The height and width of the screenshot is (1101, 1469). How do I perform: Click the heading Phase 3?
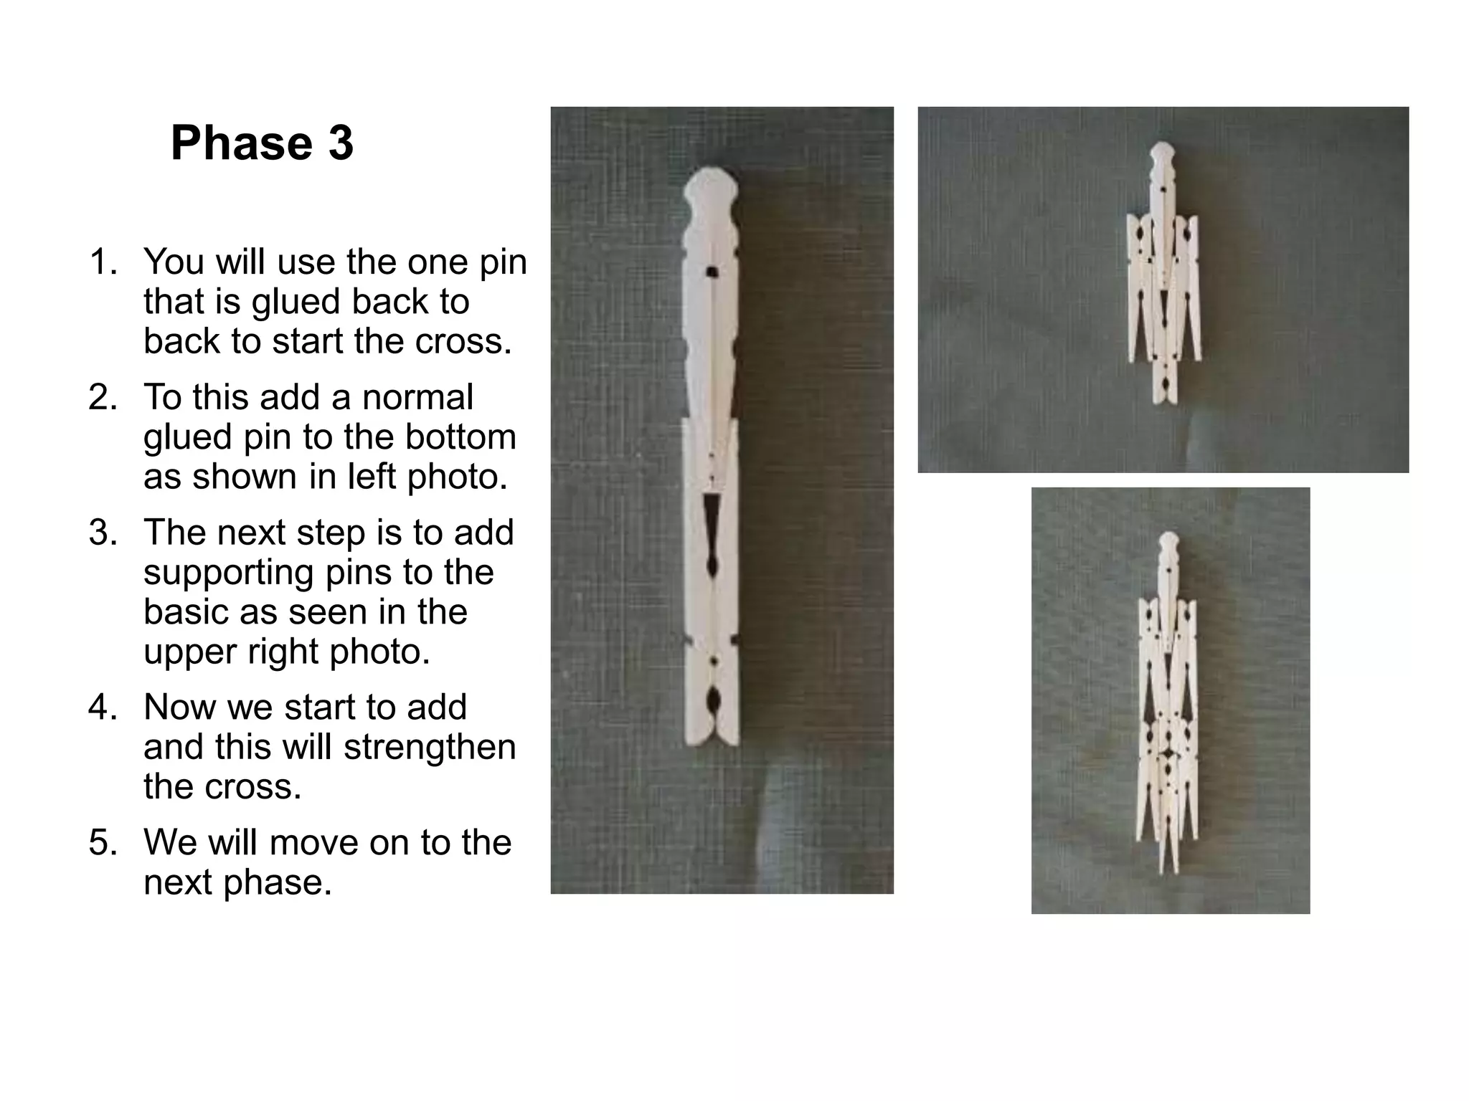[262, 143]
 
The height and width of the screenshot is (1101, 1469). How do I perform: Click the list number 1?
[103, 262]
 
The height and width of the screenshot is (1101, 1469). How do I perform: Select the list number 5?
[103, 843]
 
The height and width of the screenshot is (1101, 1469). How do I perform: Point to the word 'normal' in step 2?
[417, 398]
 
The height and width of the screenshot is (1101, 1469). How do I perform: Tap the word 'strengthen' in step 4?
[430, 747]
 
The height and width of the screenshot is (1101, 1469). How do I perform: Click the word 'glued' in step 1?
[294, 302]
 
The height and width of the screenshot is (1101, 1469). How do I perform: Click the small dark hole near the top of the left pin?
[712, 272]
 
